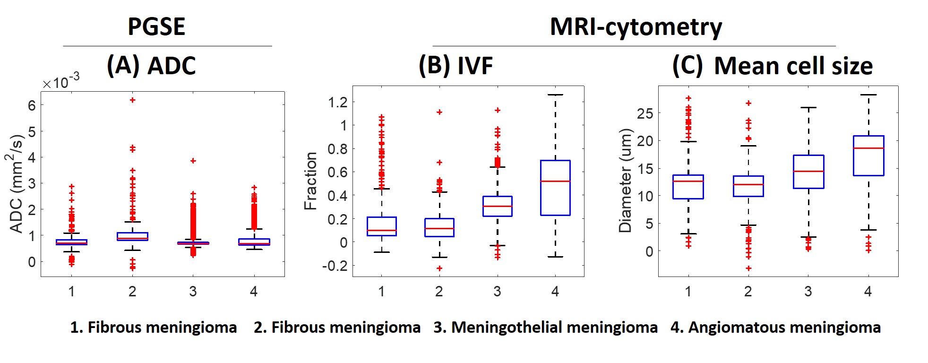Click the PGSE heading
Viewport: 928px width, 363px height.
156,26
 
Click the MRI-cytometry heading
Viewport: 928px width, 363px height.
636,27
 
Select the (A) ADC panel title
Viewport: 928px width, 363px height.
151,65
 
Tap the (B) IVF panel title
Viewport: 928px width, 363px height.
455,65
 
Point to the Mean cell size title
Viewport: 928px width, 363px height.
793,66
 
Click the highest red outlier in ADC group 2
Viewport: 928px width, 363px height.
133,100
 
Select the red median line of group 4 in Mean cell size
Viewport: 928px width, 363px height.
868,148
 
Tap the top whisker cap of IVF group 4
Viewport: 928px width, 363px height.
555,95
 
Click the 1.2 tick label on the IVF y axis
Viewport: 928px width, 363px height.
337,102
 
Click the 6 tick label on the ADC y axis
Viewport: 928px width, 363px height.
32,105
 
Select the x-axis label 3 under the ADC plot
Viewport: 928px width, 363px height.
193,292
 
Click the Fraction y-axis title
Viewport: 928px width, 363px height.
310,181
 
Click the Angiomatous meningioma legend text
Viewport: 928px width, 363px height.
775,327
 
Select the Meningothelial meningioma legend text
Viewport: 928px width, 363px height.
545,327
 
